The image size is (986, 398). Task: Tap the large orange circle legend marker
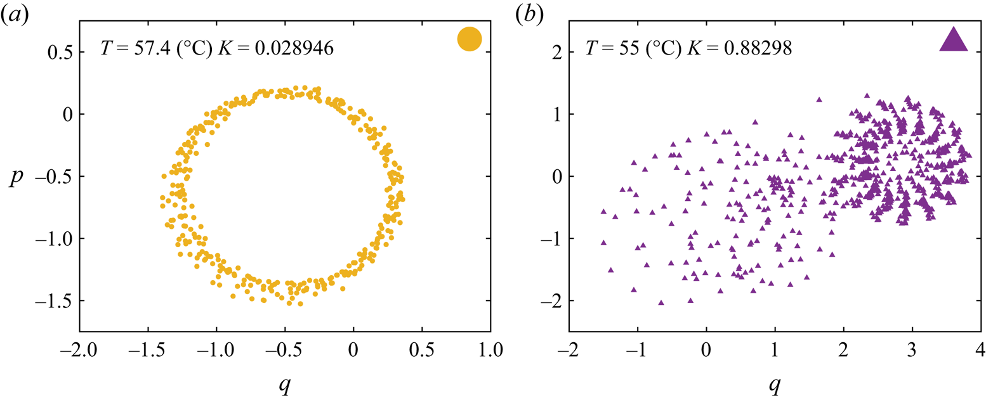coord(470,39)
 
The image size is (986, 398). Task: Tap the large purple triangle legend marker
coord(953,39)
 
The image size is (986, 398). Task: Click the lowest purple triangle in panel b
coord(661,303)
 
